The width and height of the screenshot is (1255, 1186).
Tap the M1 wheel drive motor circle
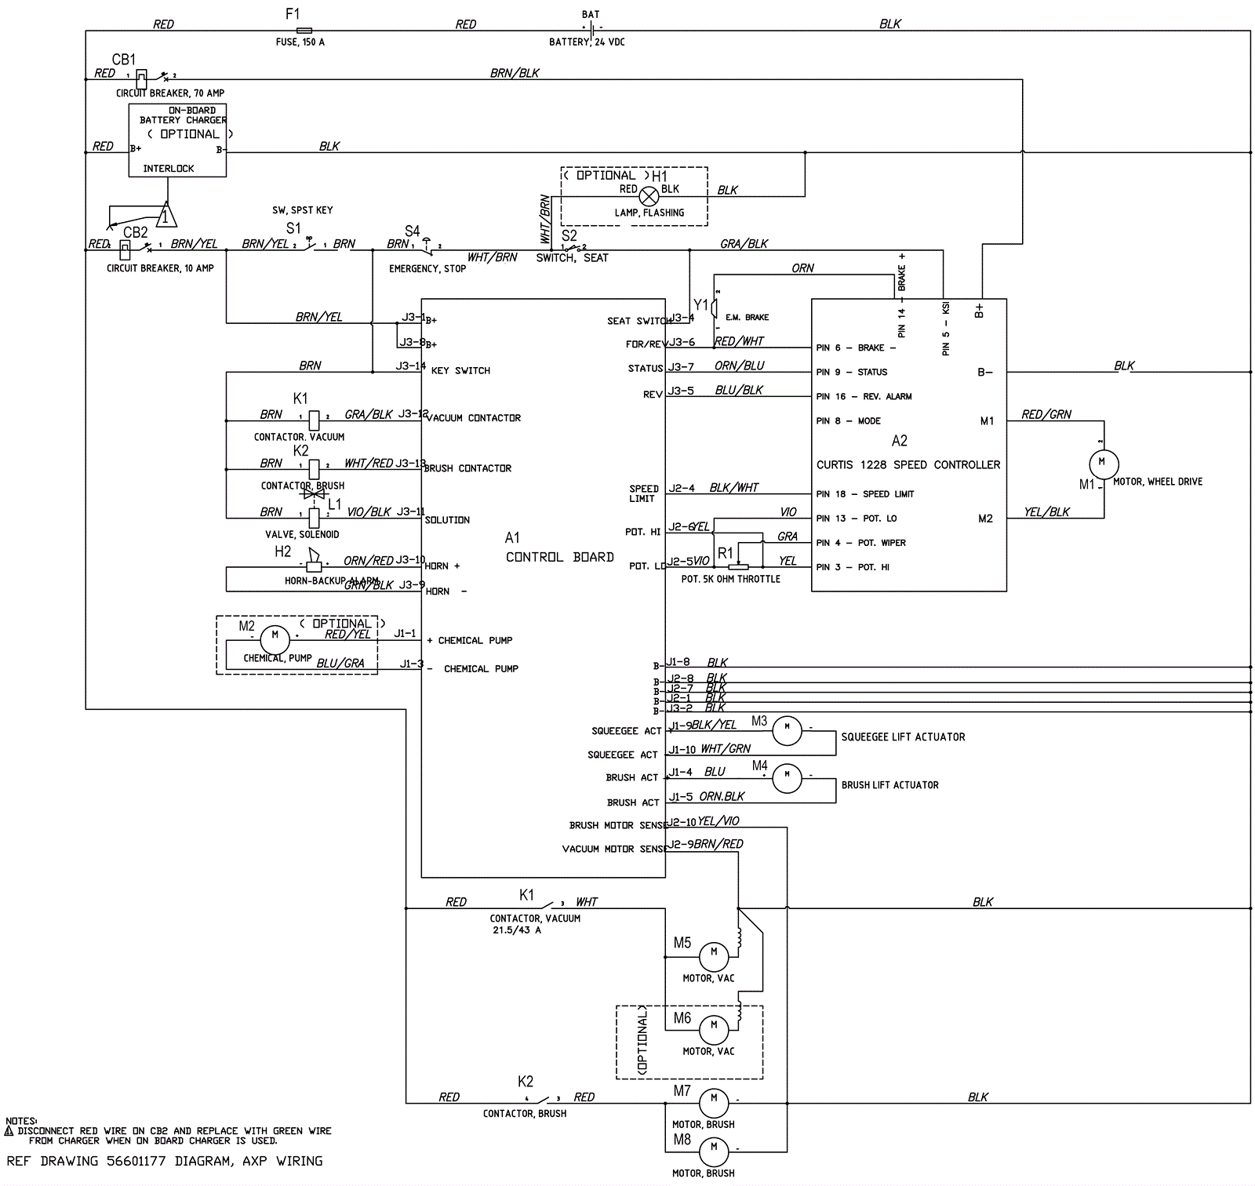pos(1104,463)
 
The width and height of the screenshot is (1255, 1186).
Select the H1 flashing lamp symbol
pos(649,196)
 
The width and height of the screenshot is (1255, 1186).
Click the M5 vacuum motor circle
pos(714,954)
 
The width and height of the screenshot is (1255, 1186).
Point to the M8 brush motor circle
pos(714,1148)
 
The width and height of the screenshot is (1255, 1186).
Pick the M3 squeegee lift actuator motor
pos(787,730)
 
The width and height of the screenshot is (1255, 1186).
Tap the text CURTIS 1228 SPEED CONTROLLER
pos(908,465)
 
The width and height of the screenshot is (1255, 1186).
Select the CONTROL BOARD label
pos(559,557)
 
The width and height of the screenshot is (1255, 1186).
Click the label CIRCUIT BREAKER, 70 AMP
pos(170,93)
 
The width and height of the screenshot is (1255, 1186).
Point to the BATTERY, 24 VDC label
pos(587,42)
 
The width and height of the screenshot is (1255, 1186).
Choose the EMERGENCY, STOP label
pos(427,269)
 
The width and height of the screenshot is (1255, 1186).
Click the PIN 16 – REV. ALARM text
pos(864,397)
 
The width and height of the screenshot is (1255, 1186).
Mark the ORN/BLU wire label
pos(739,366)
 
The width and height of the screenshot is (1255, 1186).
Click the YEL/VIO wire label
pos(718,821)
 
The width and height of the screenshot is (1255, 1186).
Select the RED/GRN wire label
pos(1046,414)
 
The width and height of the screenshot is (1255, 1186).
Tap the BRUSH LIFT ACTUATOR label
pos(889,785)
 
